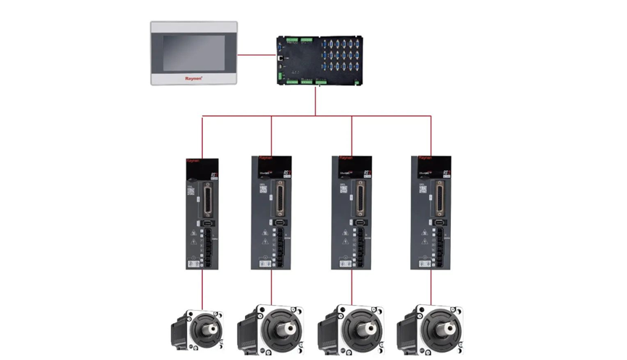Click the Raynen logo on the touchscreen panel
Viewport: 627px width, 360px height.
193,77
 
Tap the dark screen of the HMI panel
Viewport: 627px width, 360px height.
193,53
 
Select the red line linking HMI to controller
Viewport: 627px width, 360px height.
257,54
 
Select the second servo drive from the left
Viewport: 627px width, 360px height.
271,214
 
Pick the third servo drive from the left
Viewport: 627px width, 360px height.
352,214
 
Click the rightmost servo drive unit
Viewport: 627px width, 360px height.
431,214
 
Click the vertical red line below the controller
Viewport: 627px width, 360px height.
315,101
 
